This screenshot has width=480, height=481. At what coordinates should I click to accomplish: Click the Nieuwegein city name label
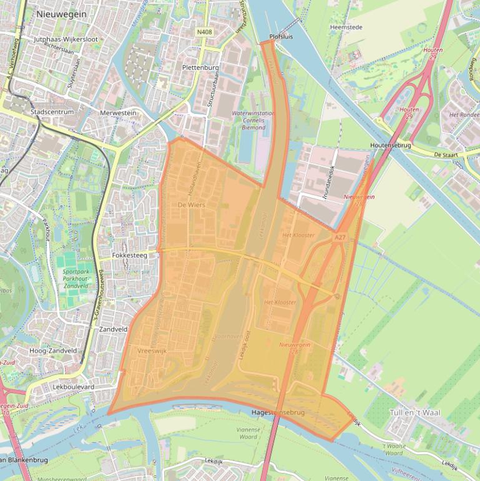pyautogui.click(x=62, y=12)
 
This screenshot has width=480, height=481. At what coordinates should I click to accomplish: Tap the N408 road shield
pyautogui.click(x=203, y=31)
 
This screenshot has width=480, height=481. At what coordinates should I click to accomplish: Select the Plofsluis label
pyautogui.click(x=281, y=37)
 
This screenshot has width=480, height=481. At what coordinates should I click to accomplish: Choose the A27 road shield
pyautogui.click(x=339, y=238)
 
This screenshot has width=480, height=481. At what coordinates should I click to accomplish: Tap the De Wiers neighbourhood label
pyautogui.click(x=191, y=205)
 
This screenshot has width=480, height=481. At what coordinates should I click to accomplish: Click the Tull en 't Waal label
pyautogui.click(x=414, y=413)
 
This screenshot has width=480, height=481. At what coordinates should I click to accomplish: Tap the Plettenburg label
pyautogui.click(x=200, y=67)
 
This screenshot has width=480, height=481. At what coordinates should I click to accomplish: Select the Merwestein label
pyautogui.click(x=118, y=112)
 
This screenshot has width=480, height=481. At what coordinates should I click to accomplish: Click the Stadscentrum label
pyautogui.click(x=52, y=112)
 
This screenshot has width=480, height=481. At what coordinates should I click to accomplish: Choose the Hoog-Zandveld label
pyautogui.click(x=53, y=350)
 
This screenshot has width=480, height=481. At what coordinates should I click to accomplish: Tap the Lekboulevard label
pyautogui.click(x=74, y=387)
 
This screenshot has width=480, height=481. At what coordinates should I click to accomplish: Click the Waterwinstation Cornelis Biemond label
pyautogui.click(x=253, y=121)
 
